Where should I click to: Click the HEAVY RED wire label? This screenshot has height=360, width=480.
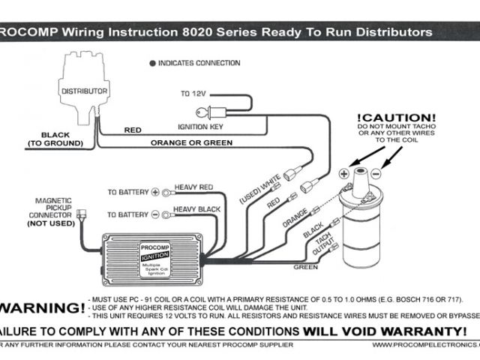coord(194,186)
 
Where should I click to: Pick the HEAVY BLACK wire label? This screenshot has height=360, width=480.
coord(198,208)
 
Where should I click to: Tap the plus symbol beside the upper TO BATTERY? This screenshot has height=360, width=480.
coord(156,192)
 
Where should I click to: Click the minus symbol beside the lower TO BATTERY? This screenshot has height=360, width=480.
coord(156,214)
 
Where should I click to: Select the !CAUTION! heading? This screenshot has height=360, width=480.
coord(395,118)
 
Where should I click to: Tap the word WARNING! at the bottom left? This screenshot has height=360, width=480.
coord(41,307)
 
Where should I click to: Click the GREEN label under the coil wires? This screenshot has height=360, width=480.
coord(305,266)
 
